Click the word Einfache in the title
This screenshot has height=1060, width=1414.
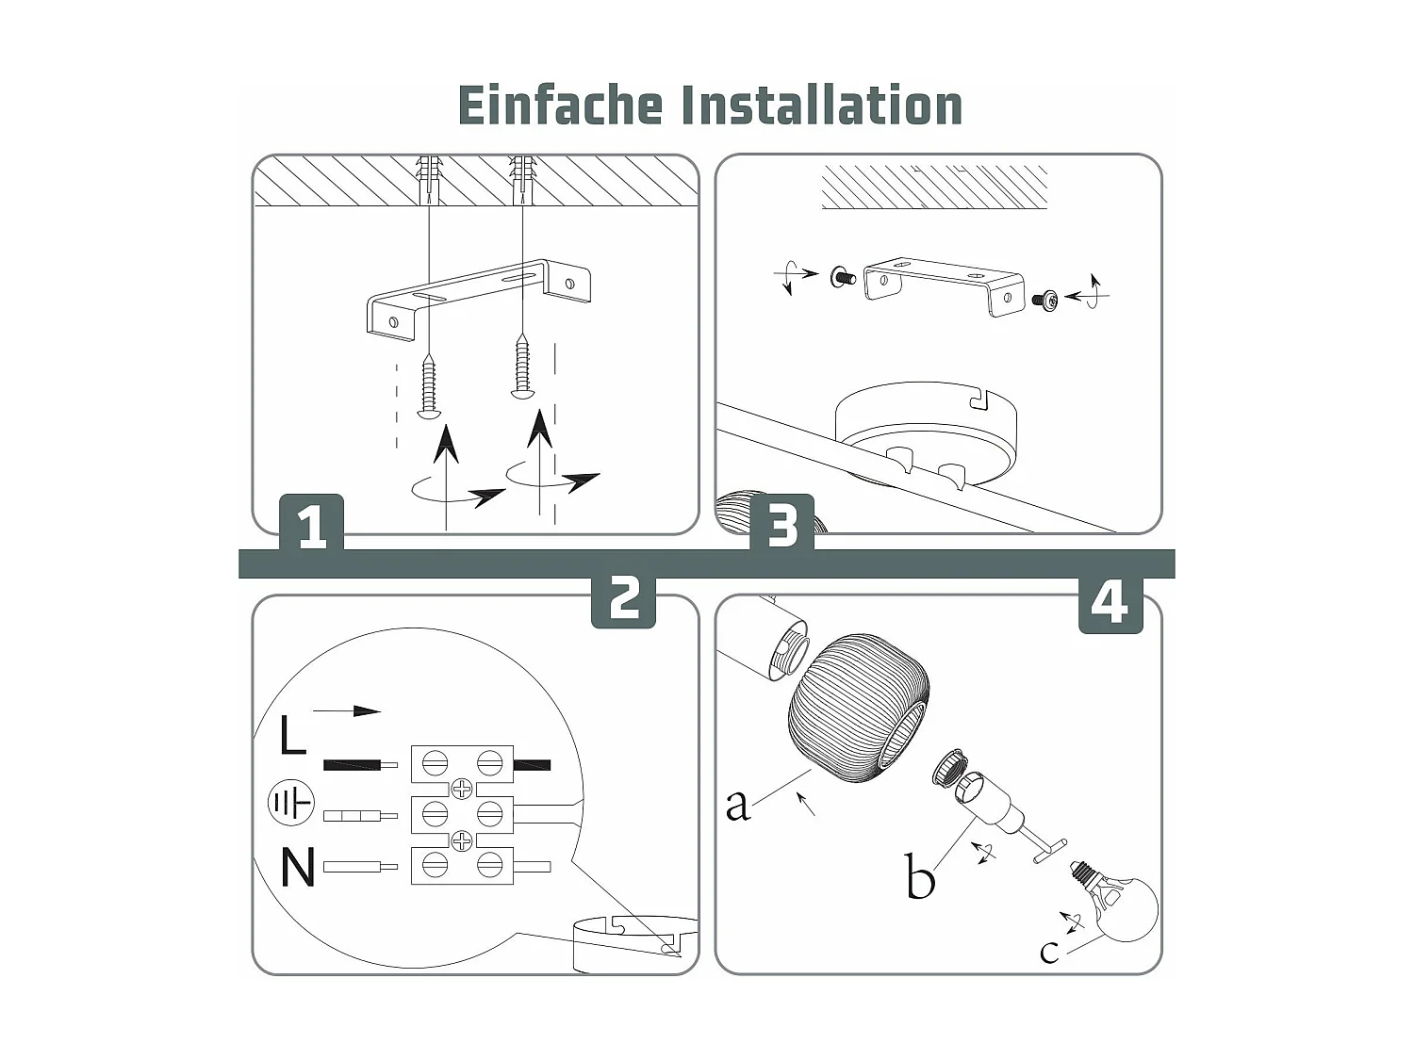point(560,106)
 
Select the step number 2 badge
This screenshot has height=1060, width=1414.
point(623,598)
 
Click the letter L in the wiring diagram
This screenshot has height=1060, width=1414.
point(292,735)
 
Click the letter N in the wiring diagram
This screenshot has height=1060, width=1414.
point(298,868)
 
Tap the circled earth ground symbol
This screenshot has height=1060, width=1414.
point(290,804)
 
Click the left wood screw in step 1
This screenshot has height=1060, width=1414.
point(429,386)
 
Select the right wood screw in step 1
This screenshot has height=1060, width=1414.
point(520,367)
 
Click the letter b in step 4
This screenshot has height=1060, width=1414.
point(919,877)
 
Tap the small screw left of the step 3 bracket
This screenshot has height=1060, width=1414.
point(842,277)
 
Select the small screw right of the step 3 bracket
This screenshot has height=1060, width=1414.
point(1046,301)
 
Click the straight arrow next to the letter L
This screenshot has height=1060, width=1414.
point(346,711)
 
